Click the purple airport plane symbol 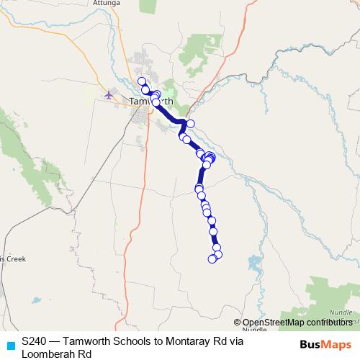pyautogui.click(x=109, y=94)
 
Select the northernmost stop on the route pyautogui.click(x=142, y=81)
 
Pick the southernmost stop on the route pyautogui.click(x=212, y=258)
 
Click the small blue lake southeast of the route pyautogui.click(x=253, y=263)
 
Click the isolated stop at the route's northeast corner pyautogui.click(x=191, y=124)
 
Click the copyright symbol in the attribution pyautogui.click(x=237, y=323)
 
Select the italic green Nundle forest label pyautogui.click(x=336, y=313)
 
